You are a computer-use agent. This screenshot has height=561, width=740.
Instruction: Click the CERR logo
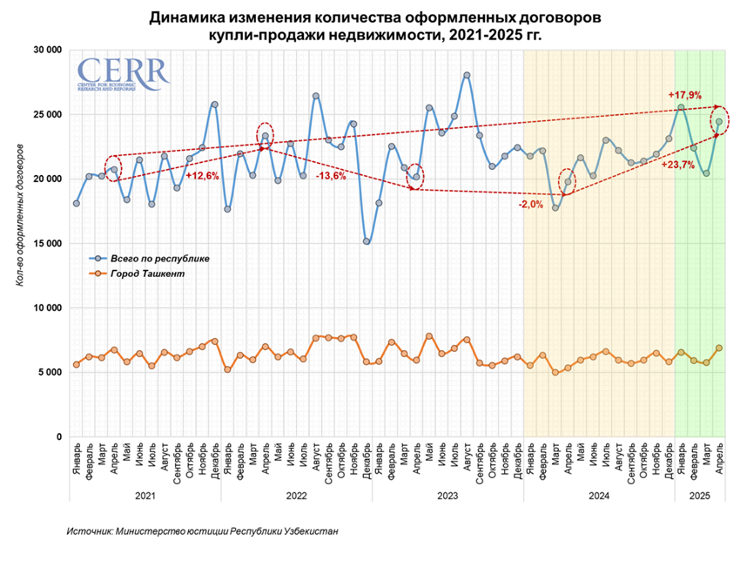(x=122, y=74)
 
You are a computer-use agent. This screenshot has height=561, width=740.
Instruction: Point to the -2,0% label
(x=532, y=205)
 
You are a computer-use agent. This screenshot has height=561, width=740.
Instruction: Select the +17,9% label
(x=684, y=95)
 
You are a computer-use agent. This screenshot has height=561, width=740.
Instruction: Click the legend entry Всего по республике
(x=159, y=259)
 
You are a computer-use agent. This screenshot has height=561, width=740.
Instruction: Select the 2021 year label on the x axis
(x=145, y=495)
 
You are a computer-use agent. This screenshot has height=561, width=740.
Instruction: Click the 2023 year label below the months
(x=447, y=495)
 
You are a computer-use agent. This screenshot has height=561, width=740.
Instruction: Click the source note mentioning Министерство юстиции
(x=202, y=531)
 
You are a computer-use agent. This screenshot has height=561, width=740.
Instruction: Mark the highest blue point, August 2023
(x=467, y=75)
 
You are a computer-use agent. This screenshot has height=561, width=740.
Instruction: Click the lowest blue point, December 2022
(x=367, y=241)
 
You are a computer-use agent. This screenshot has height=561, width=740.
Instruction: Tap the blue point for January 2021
(x=77, y=203)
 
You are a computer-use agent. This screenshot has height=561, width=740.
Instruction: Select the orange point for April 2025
(x=719, y=348)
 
